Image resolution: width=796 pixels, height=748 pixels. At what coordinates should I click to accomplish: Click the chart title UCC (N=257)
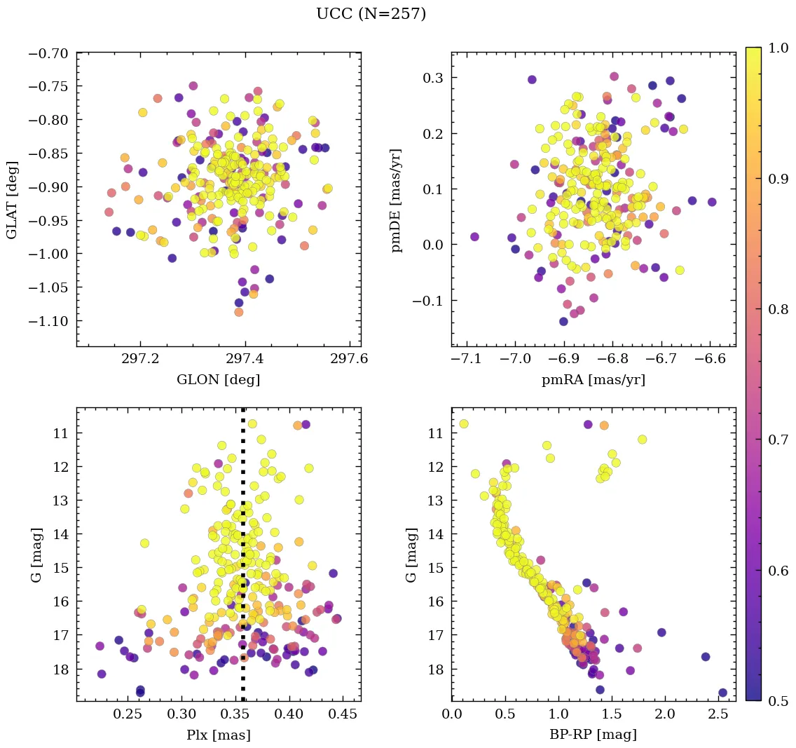(x=371, y=14)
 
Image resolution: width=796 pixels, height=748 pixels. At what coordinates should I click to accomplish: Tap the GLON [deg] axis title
(x=218, y=379)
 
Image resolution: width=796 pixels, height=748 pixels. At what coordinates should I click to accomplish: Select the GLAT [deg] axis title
(x=12, y=199)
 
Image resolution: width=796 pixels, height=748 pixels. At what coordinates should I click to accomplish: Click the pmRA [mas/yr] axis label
(x=593, y=379)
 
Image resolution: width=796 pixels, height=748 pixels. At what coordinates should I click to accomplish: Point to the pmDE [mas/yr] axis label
(x=397, y=200)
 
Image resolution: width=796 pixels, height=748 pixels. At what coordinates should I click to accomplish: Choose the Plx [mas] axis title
(x=218, y=735)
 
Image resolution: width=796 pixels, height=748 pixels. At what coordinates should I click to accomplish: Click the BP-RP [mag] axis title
(x=593, y=735)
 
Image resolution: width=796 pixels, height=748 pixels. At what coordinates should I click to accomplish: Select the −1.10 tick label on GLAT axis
(x=50, y=320)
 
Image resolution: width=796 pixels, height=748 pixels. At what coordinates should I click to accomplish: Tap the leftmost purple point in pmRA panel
(x=474, y=237)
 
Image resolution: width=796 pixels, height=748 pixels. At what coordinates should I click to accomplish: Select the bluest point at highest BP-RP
(x=722, y=693)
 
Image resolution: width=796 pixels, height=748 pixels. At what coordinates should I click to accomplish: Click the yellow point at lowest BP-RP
(x=463, y=424)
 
